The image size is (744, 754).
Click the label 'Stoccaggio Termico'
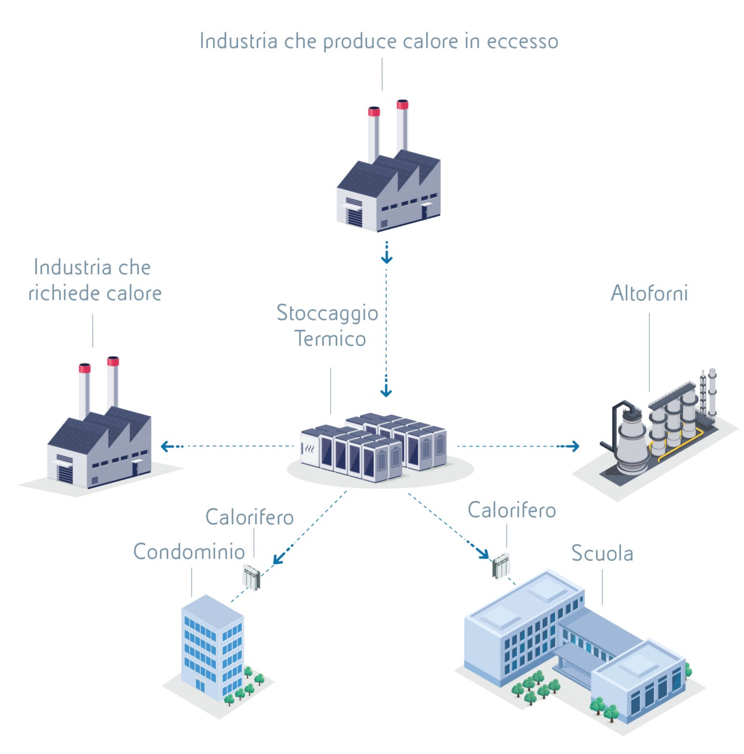[x=328, y=325]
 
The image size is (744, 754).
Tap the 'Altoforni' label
[x=649, y=293]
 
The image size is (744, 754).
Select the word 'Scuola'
[x=602, y=553]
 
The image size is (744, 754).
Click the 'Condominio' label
[x=189, y=552]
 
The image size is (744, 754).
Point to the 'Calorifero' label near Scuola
[x=511, y=510]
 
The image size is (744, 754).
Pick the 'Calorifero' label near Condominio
[x=249, y=517]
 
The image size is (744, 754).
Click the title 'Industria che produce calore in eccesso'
[x=379, y=41]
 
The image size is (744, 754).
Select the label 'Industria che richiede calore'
[x=95, y=280]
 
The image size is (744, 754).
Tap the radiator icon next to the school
[x=501, y=565]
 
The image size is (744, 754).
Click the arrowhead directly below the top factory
[x=386, y=258]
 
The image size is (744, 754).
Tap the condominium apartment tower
[x=211, y=648]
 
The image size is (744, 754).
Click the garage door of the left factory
[x=66, y=475]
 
